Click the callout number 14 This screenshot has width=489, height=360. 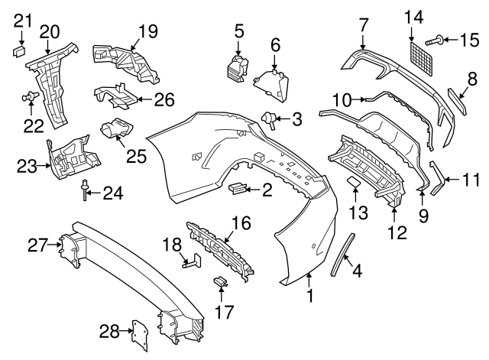(413, 16)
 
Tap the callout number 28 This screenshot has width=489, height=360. (109, 331)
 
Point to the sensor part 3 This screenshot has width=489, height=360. (270, 118)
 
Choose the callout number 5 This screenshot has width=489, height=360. (239, 31)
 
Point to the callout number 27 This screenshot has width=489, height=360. (37, 245)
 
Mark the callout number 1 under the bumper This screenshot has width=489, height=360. (310, 294)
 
